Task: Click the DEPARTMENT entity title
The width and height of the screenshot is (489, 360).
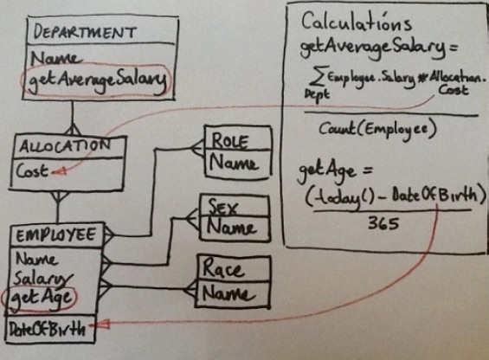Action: point(85,32)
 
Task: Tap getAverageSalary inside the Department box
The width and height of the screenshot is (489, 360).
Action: point(97,80)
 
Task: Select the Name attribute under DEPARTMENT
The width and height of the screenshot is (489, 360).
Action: point(57,58)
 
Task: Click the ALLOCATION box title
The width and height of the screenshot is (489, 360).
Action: point(65,145)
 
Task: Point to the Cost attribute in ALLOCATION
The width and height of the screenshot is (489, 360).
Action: point(31,170)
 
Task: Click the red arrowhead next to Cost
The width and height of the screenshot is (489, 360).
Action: point(61,171)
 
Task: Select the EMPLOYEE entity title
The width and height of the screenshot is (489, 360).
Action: point(55,235)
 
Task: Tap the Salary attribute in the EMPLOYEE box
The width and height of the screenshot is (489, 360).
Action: point(43,279)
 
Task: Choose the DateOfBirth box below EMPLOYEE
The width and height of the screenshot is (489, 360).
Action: point(50,330)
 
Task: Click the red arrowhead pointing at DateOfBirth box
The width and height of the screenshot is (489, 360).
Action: point(100,325)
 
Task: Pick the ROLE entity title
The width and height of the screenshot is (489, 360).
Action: point(230,141)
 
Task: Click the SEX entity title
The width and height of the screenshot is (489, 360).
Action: point(222,207)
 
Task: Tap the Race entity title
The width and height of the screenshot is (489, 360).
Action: point(222,268)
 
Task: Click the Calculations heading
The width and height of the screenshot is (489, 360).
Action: point(357,22)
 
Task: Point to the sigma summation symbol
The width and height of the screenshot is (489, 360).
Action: point(316,75)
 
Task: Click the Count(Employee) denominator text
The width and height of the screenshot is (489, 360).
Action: point(376,129)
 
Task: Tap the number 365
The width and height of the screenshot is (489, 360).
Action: point(383,223)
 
